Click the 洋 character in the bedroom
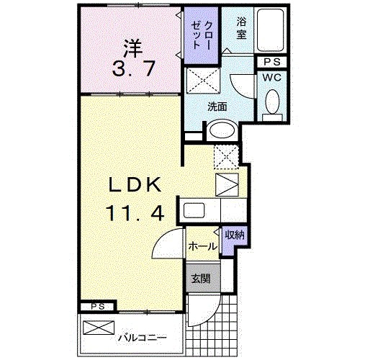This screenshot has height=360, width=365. click(130, 48)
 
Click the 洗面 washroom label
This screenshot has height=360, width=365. click(217, 106)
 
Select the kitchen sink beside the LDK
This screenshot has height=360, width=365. click(194, 212)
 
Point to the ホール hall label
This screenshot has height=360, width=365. click(203, 246)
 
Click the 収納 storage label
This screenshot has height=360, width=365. click(233, 234)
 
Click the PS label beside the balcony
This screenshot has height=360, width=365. click(97, 306)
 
